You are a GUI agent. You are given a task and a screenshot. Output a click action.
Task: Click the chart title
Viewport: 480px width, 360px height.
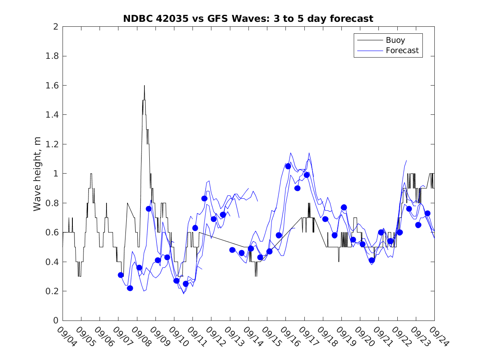tap(248, 19)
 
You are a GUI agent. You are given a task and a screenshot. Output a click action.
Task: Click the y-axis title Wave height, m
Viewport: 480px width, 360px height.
tap(37, 174)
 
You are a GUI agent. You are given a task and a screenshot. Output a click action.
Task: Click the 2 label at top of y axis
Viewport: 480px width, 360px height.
tap(55, 27)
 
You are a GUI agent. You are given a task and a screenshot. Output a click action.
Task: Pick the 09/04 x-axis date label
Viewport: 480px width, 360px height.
tap(66, 337)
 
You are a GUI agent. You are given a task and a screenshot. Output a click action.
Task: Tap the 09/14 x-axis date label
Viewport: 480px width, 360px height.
tap(252, 337)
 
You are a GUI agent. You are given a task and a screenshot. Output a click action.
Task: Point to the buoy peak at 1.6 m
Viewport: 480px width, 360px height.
tap(144, 86)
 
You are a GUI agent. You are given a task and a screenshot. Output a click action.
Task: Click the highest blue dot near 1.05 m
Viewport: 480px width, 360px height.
tap(288, 166)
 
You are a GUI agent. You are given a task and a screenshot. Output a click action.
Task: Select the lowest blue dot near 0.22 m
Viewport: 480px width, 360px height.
tap(130, 288)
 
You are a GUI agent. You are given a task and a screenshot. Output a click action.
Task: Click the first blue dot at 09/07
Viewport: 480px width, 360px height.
tap(121, 275)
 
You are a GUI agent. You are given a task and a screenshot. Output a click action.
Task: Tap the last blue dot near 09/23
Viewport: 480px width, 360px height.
tap(427, 213)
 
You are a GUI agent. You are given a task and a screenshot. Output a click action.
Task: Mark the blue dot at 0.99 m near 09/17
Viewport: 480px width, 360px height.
tap(306, 175)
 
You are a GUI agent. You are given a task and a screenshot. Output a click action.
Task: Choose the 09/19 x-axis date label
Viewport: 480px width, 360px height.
tap(345, 337)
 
